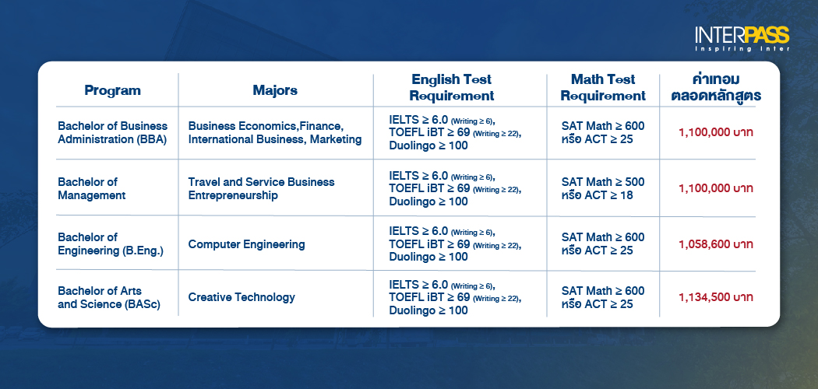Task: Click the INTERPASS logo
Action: pos(742,37)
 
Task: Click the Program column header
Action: pos(112,90)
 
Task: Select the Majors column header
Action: pos(275,90)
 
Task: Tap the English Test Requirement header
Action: pos(452,88)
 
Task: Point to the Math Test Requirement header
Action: pos(603,88)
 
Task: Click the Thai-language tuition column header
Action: pos(715,88)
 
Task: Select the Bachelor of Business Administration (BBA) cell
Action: pos(113,132)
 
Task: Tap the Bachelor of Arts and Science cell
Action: pos(110,297)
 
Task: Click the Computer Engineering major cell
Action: pos(246,244)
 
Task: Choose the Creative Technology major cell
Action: pos(242,297)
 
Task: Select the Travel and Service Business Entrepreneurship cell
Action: pos(261,188)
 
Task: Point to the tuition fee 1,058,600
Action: pos(715,244)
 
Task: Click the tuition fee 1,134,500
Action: pos(715,297)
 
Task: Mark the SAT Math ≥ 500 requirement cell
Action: pos(602,182)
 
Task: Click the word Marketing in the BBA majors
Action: pos(336,139)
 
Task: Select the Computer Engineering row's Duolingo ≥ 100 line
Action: pos(428,257)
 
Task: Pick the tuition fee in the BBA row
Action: pos(715,132)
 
